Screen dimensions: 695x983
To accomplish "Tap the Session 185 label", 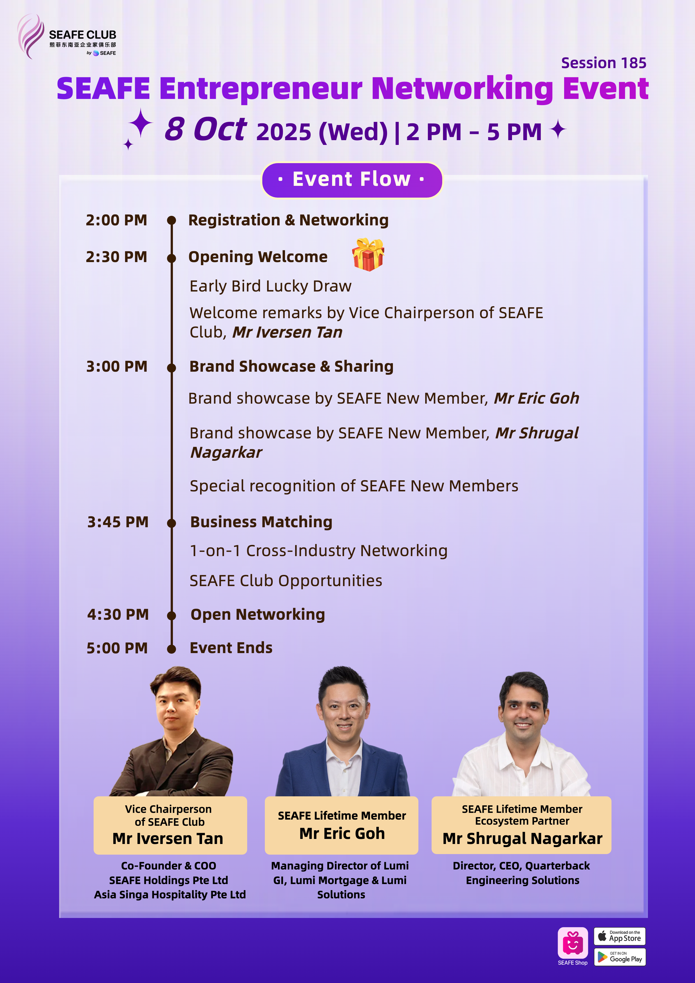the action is pyautogui.click(x=603, y=63).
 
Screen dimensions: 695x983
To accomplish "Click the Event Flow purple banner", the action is pyautogui.click(x=352, y=180).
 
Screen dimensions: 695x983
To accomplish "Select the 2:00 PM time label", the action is pyautogui.click(x=116, y=220).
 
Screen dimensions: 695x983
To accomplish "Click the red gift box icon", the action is pyautogui.click(x=368, y=255).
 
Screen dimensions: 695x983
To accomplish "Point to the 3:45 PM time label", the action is pyautogui.click(x=118, y=522).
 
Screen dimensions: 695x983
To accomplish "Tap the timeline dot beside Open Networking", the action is pyautogui.click(x=172, y=616).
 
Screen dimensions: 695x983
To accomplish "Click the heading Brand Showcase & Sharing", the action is pyautogui.click(x=291, y=366).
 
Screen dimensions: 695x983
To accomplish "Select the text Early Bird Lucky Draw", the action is pyautogui.click(x=270, y=286).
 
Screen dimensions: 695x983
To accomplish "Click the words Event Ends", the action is pyautogui.click(x=231, y=648).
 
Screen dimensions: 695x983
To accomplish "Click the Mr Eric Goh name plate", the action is pyautogui.click(x=342, y=825).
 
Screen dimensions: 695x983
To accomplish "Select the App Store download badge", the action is pyautogui.click(x=619, y=936).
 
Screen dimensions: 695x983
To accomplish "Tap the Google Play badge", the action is pyautogui.click(x=619, y=957).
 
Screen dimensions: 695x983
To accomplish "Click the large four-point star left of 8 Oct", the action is pyautogui.click(x=140, y=123).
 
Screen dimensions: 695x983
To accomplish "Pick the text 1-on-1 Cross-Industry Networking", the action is pyautogui.click(x=318, y=551).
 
